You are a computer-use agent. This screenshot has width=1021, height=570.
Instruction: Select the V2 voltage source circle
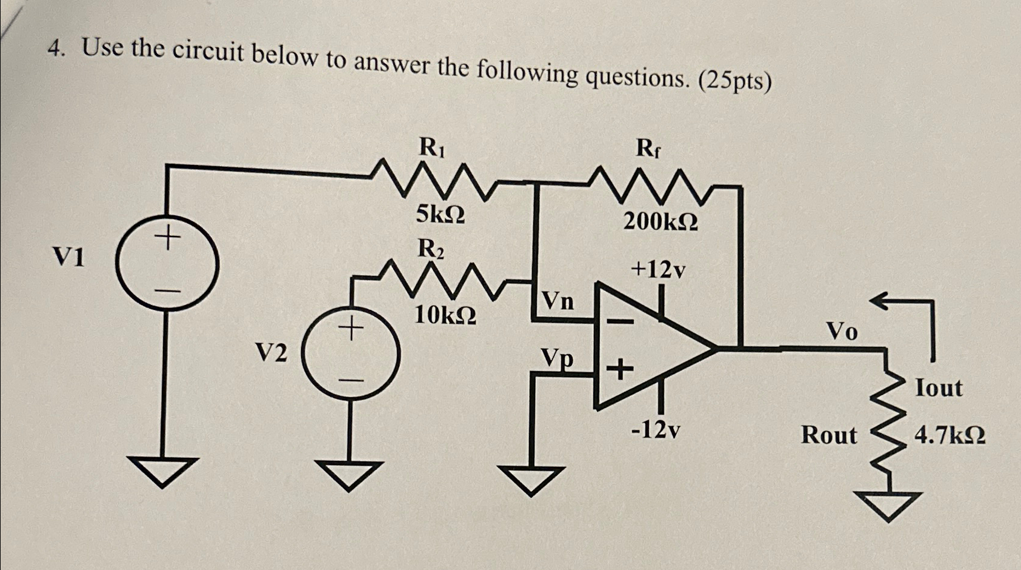(x=351, y=352)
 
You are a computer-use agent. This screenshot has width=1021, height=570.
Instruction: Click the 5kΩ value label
(x=441, y=215)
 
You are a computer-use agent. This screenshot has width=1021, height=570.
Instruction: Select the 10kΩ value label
(x=445, y=315)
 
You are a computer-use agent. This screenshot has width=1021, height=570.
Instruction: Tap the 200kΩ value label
(x=660, y=223)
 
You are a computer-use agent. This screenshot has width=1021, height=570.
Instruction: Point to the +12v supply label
(x=659, y=269)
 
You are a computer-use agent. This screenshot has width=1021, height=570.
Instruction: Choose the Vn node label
(x=557, y=301)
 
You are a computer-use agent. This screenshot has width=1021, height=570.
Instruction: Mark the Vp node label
(x=557, y=358)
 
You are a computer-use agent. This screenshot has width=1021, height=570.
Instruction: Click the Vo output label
(x=842, y=331)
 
